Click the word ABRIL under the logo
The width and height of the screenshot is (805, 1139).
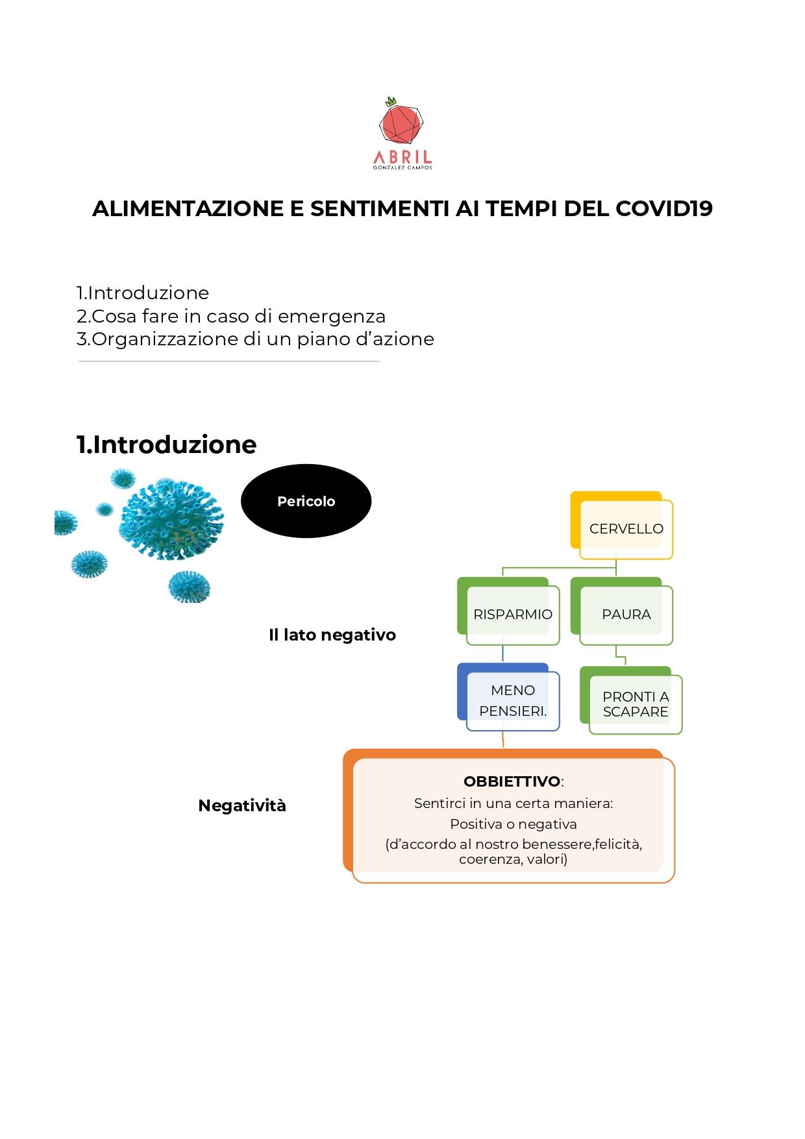point(402,157)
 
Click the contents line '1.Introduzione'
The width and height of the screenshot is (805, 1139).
point(143,293)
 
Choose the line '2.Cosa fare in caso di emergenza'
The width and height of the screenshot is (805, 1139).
point(231,316)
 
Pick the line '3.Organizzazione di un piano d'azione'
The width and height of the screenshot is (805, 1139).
point(255,339)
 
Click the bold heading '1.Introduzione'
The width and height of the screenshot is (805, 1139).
point(166,445)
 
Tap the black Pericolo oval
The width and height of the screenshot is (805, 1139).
point(306,501)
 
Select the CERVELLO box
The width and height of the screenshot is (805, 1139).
point(622,525)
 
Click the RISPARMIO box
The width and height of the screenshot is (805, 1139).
point(508,611)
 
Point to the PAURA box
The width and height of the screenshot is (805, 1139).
point(622,611)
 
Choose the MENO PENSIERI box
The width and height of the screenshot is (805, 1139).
point(508,696)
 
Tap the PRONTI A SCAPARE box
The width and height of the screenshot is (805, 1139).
point(631,700)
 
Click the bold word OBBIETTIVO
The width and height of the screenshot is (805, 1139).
point(512,781)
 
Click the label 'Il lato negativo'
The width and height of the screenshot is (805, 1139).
point(332,635)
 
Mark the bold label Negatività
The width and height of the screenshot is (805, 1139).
point(242,805)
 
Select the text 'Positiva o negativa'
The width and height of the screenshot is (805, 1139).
point(514,824)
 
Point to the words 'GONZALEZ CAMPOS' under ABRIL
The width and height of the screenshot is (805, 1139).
point(402,168)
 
